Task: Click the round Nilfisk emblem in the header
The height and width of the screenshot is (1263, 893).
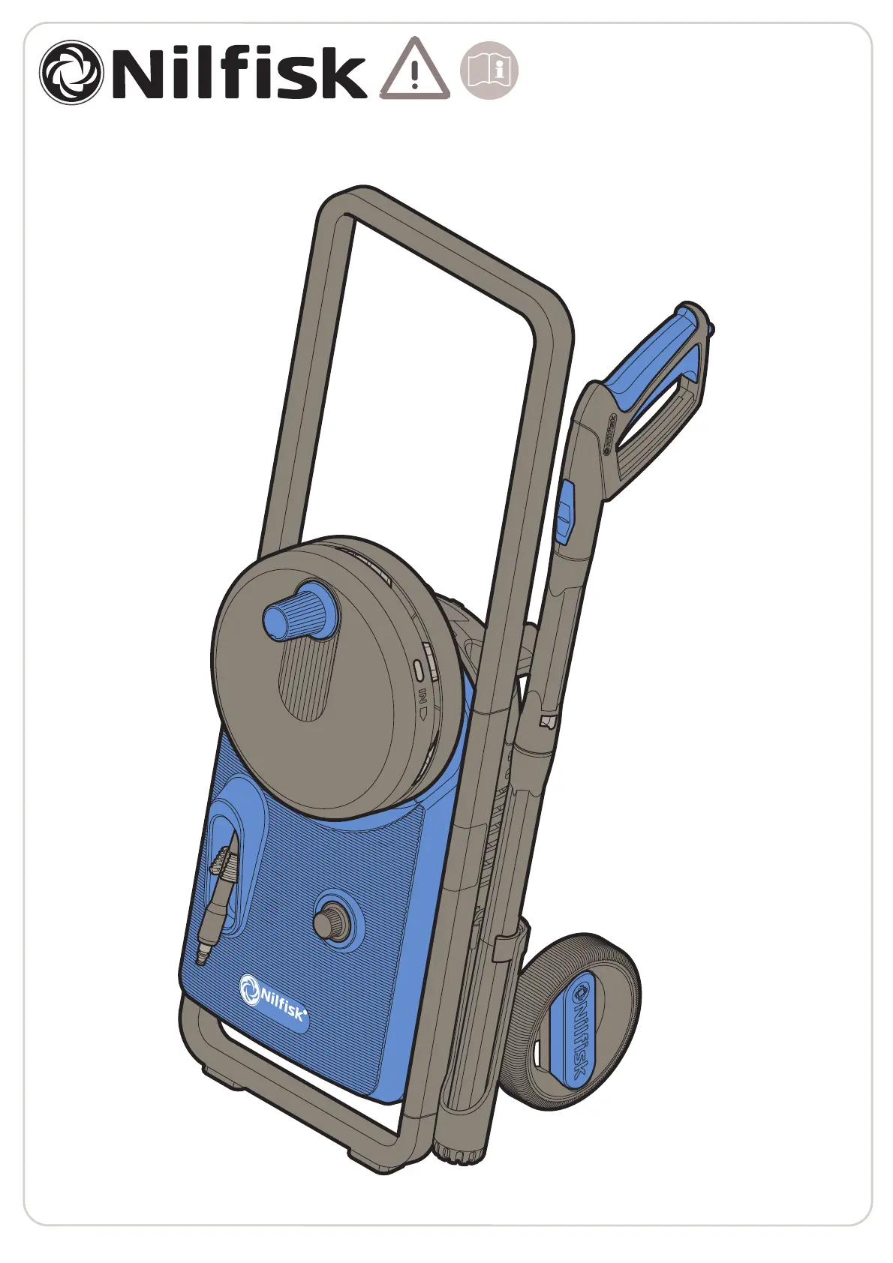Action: point(71,71)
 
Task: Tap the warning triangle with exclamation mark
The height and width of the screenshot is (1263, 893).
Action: point(415,69)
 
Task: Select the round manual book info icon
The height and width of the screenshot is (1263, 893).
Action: point(489,70)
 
